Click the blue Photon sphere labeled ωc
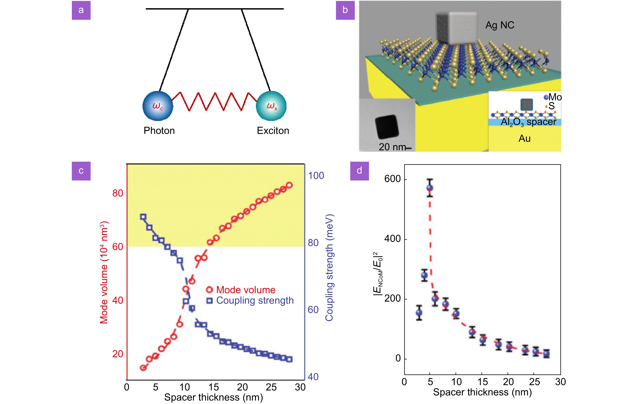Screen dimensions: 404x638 [x=158, y=106]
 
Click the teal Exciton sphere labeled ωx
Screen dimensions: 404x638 [x=271, y=106]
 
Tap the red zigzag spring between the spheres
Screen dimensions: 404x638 [x=215, y=101]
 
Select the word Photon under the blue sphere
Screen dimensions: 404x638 [x=159, y=131]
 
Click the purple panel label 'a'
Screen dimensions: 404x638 [x=81, y=10]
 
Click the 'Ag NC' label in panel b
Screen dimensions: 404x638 [x=500, y=25]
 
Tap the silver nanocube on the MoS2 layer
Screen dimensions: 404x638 [x=456, y=28]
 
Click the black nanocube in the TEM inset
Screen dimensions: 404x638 [x=387, y=127]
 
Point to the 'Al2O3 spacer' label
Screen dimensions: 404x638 [x=528, y=122]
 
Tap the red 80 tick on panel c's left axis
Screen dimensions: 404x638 [x=118, y=193]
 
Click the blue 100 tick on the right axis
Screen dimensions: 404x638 [x=316, y=176]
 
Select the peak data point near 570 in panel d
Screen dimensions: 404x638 [x=430, y=188]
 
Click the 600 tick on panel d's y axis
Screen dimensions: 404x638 [x=392, y=179]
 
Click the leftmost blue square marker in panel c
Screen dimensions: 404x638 [x=143, y=217]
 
